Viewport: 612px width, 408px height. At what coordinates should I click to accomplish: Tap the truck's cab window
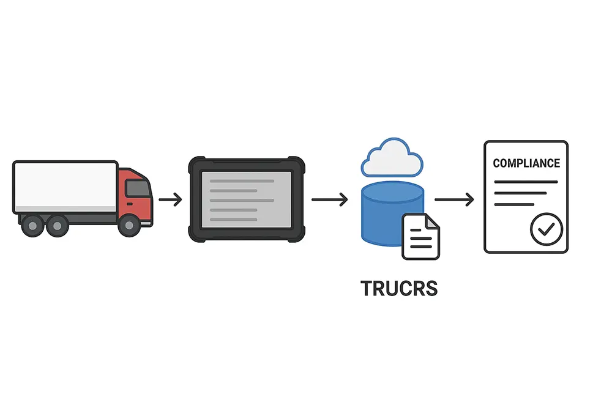click(x=138, y=188)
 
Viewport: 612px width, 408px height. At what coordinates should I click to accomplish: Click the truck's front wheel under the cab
click(x=129, y=226)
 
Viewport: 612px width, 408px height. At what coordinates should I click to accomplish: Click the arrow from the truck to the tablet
click(x=170, y=199)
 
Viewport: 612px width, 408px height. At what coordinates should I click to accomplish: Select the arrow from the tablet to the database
click(x=329, y=199)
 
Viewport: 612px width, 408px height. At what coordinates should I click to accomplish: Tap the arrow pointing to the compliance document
click(x=453, y=199)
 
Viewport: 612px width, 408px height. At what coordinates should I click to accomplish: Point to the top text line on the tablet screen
click(x=242, y=181)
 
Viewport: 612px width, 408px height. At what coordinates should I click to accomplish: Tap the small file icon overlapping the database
click(x=420, y=237)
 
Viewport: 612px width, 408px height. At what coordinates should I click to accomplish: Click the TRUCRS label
click(x=399, y=288)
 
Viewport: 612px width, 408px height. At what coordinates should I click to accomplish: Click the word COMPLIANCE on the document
click(x=526, y=163)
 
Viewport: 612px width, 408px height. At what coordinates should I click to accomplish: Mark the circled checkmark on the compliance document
click(x=545, y=229)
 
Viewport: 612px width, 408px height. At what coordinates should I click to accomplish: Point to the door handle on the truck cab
click(x=129, y=204)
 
